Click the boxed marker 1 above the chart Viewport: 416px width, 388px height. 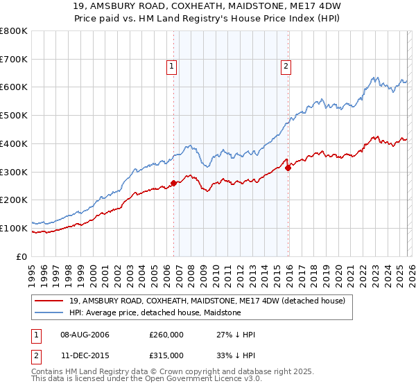[171, 67]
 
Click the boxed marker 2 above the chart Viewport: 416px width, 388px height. [286, 67]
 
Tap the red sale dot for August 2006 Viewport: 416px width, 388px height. [173, 183]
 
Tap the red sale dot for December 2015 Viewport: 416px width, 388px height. [288, 168]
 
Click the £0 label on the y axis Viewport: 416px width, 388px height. [22, 256]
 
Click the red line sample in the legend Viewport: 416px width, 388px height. [49, 301]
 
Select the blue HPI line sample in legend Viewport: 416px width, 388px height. [49, 312]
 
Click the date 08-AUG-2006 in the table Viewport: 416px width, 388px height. [85, 335]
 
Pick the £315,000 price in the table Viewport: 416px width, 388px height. [166, 355]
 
